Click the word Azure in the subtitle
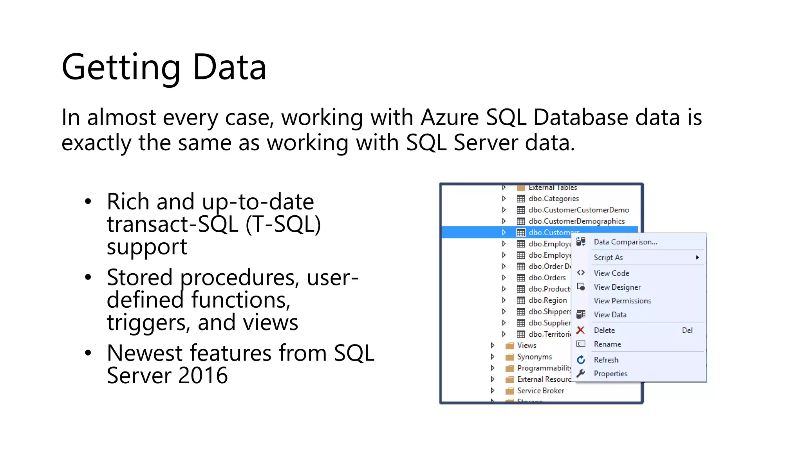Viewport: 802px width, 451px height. pos(450,117)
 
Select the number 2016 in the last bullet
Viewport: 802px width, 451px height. pos(202,376)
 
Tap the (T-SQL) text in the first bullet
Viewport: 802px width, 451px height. pos(283,225)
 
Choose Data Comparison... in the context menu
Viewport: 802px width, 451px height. pos(625,242)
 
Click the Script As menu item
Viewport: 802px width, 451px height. pos(608,258)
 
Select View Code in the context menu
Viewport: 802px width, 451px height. pos(611,273)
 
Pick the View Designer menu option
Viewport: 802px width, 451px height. pos(617,287)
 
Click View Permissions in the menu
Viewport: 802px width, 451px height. pos(622,301)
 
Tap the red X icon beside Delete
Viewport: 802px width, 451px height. pos(580,330)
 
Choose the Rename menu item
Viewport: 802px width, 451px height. pos(607,344)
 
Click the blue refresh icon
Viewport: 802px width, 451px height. pos(581,360)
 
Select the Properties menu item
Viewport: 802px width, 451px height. pos(611,373)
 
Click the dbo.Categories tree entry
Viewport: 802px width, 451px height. pos(553,199)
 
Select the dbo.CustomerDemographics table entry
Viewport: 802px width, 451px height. pos(576,221)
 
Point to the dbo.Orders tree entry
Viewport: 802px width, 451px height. pos(547,278)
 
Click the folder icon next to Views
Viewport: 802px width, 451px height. pos(509,346)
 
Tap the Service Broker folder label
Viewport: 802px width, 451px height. pos(540,391)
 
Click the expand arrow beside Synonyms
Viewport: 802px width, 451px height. pos(493,357)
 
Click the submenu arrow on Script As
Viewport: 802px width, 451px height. pos(697,258)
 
